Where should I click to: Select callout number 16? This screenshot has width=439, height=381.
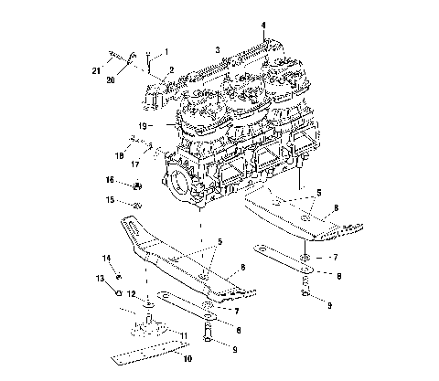(x=109, y=182)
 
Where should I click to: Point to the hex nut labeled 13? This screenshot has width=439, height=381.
(x=117, y=293)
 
